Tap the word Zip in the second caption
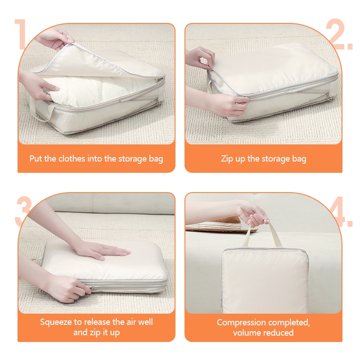coord(226,159)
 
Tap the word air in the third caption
coord(131,322)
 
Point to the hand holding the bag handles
coord(252,213)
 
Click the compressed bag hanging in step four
coord(265,280)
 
